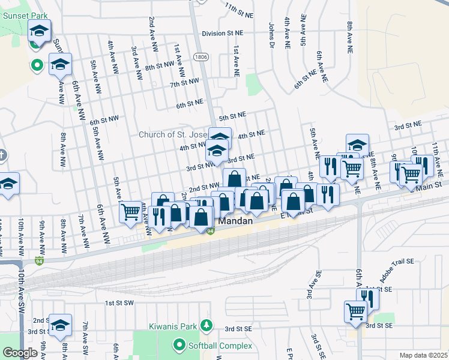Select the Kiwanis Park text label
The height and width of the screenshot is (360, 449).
[x=173, y=327]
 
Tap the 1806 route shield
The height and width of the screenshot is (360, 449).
[x=200, y=56]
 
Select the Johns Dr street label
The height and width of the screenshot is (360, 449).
[x=271, y=35]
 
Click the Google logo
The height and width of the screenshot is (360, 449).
[x=20, y=353]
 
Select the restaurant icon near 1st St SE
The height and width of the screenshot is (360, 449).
[x=367, y=298]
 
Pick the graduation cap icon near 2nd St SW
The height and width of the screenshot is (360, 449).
[x=60, y=325]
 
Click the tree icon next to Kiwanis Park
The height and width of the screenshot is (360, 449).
[x=206, y=325]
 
